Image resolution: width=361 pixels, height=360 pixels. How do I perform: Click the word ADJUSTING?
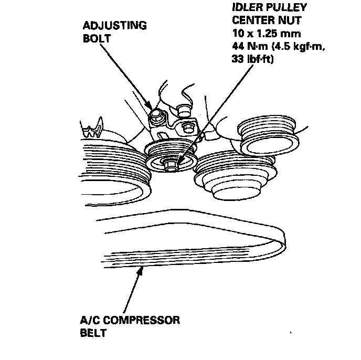114,26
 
